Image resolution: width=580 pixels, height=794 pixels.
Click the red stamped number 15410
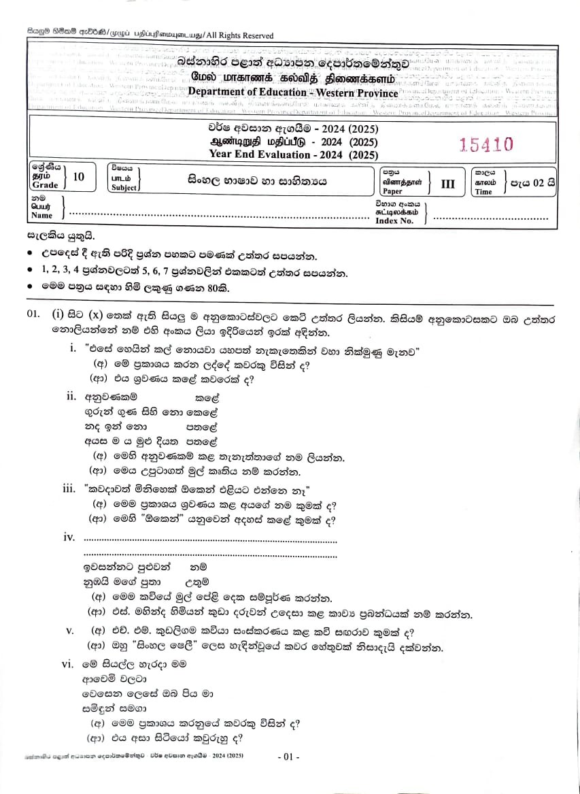[486, 144]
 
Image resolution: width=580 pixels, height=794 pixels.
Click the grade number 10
[78, 177]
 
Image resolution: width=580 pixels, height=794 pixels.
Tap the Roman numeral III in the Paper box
[447, 183]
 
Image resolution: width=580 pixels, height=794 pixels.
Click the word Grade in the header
[45, 186]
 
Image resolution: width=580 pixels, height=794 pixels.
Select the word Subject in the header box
[124, 187]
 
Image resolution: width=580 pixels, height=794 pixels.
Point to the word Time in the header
[483, 192]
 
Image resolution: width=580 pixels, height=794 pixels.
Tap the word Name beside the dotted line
[41, 216]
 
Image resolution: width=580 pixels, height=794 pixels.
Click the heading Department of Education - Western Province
[293, 93]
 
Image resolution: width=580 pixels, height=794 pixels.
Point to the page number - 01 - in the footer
[289, 757]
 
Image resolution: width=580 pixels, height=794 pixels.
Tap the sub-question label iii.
[69, 489]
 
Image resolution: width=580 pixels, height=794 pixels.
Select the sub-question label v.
[69, 631]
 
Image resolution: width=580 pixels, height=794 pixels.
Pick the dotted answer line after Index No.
[490, 218]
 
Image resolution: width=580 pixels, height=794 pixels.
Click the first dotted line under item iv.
[209, 542]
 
